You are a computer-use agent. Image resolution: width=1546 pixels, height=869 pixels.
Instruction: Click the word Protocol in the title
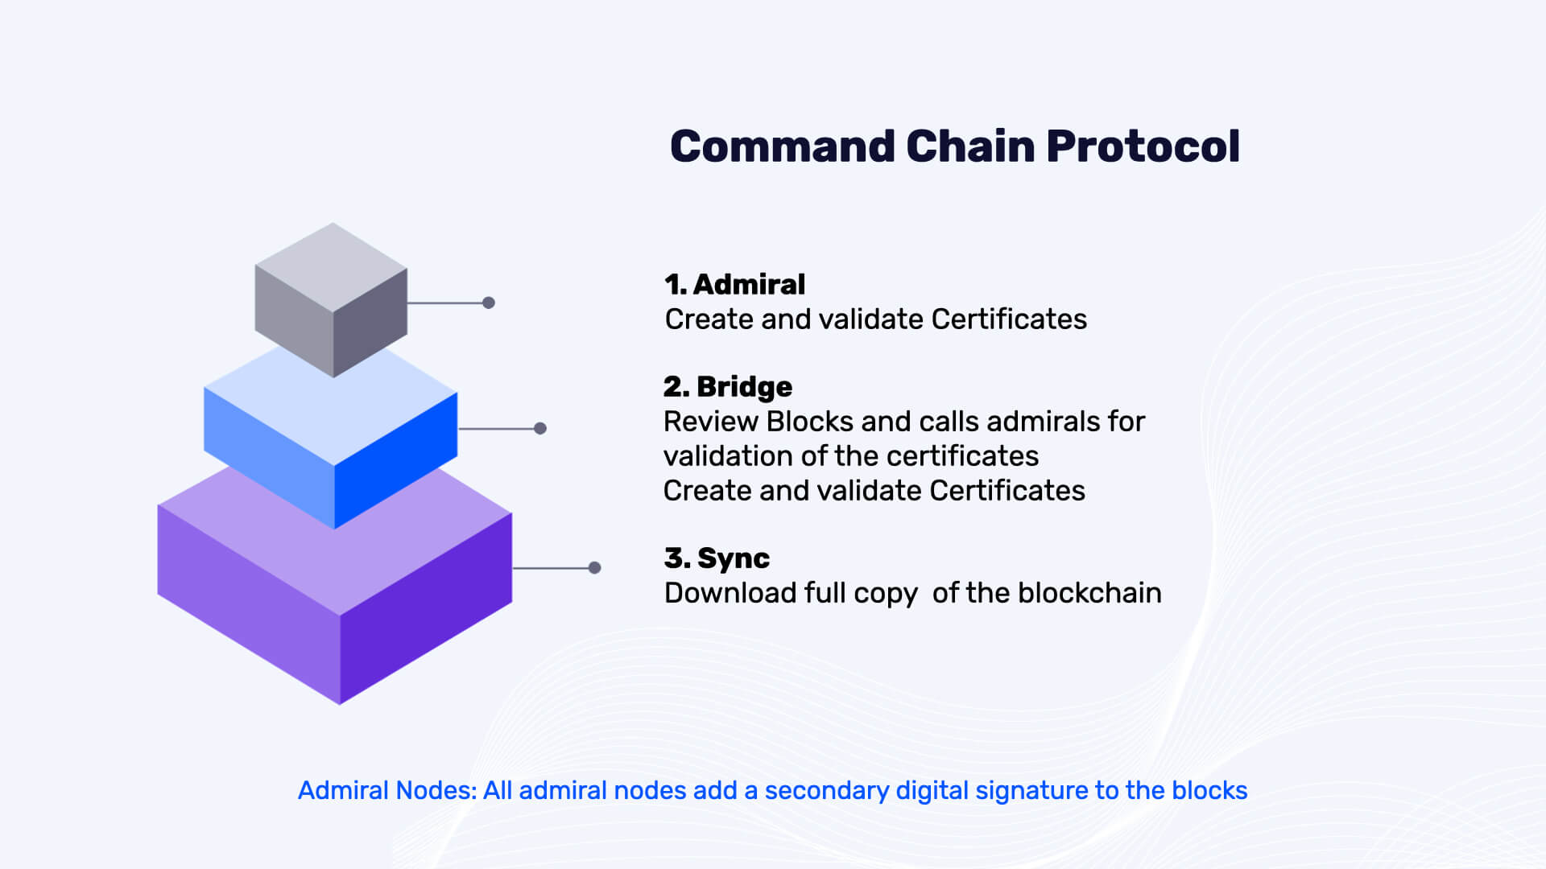click(1143, 147)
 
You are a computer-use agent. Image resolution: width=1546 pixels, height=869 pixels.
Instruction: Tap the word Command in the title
click(783, 146)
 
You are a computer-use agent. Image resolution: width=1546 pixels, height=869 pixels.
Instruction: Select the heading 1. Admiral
click(734, 284)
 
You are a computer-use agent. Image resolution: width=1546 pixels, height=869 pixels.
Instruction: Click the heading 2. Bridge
click(728, 387)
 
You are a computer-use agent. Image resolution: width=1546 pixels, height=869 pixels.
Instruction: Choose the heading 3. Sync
click(717, 558)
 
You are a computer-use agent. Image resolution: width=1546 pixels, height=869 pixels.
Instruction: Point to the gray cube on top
click(331, 299)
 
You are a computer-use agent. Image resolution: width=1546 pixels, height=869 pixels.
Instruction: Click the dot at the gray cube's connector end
click(489, 303)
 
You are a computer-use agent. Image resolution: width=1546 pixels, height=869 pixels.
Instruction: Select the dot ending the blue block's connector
click(540, 428)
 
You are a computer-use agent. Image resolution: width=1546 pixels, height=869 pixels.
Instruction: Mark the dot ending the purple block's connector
click(595, 568)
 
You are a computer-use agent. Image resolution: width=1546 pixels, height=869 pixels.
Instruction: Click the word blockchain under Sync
click(1089, 593)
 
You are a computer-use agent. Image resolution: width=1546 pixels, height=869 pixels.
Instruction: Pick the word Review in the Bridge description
click(711, 422)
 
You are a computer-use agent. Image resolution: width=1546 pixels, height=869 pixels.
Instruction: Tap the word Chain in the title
click(970, 146)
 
